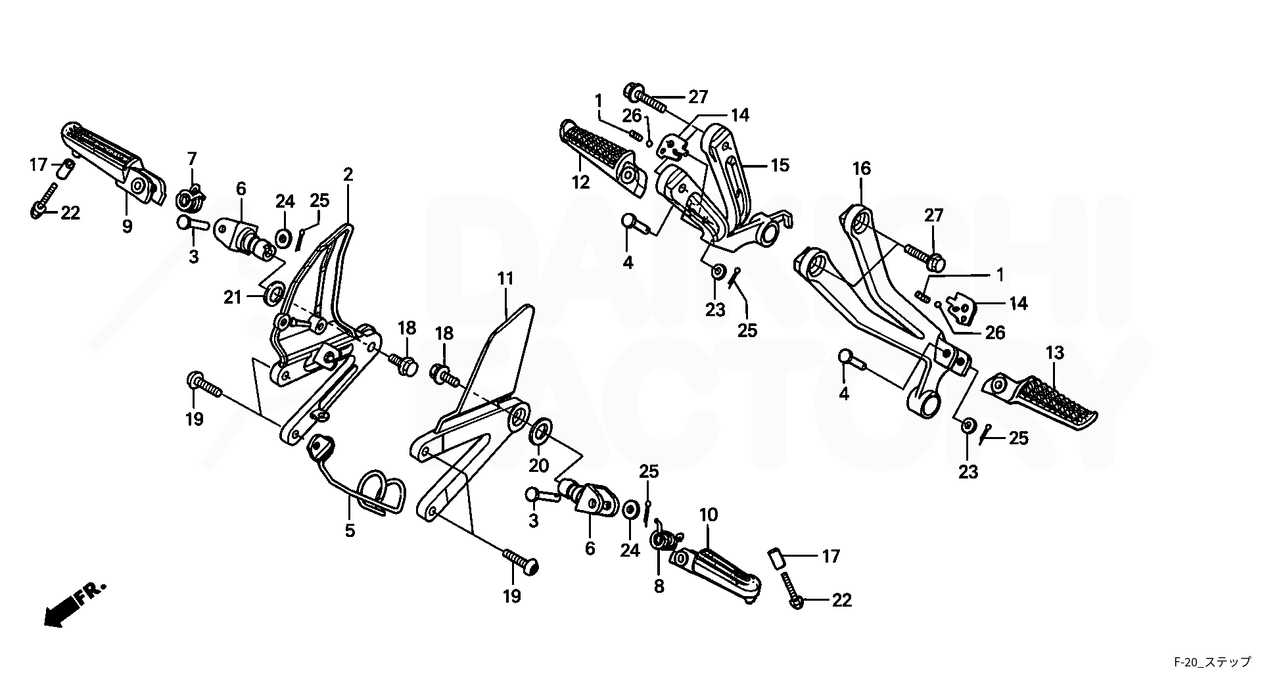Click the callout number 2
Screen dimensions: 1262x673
pyautogui.click(x=348, y=174)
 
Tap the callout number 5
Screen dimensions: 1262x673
pyautogui.click(x=350, y=530)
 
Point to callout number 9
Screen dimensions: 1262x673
pyautogui.click(x=127, y=226)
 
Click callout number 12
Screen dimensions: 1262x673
pyautogui.click(x=580, y=182)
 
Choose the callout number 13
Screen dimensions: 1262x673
pyautogui.click(x=1054, y=353)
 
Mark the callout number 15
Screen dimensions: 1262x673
pyautogui.click(x=780, y=164)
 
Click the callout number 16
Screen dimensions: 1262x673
pyautogui.click(x=861, y=169)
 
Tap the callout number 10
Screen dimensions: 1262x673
pyautogui.click(x=709, y=515)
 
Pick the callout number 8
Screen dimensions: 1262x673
pyautogui.click(x=659, y=586)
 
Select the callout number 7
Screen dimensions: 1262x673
pyautogui.click(x=192, y=158)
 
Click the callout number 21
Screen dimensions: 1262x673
pyautogui.click(x=233, y=298)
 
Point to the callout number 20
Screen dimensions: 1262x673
pyautogui.click(x=539, y=465)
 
